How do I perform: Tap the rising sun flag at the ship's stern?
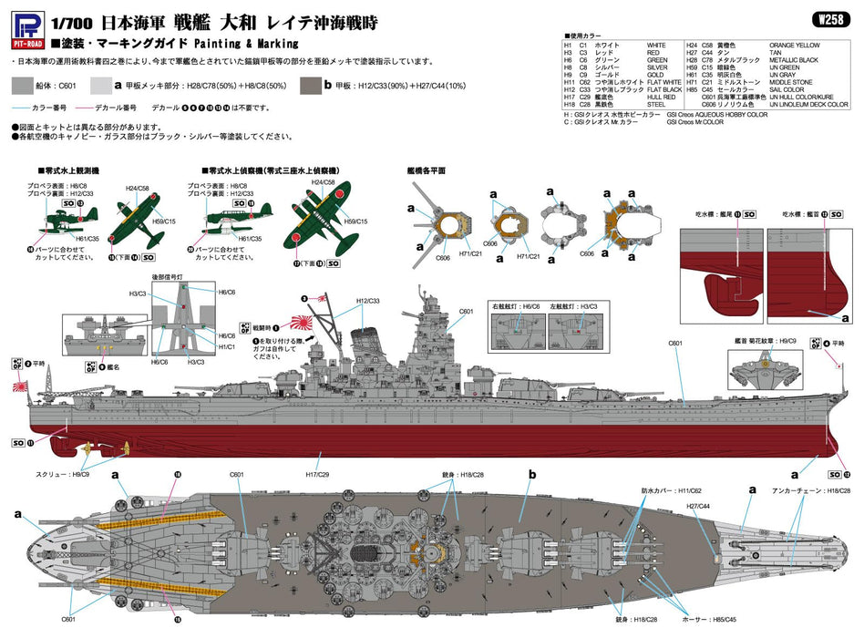pyautogui.click(x=19, y=387)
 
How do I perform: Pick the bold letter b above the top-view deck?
pyautogui.click(x=532, y=475)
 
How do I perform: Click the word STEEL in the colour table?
pyautogui.click(x=655, y=105)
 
